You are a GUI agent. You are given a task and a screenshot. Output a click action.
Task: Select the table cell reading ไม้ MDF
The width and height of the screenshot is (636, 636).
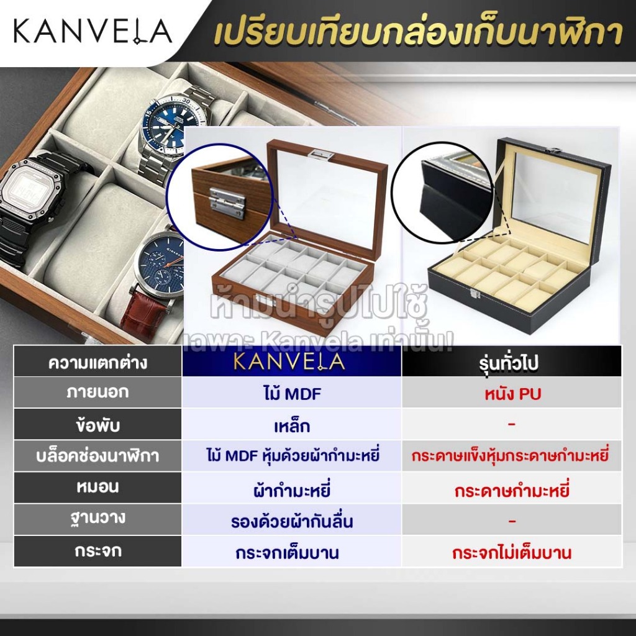click(x=291, y=393)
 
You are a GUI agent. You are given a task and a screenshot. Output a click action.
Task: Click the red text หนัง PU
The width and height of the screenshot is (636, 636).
click(x=512, y=393)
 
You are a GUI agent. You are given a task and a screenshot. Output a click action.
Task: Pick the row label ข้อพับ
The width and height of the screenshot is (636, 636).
click(x=98, y=425)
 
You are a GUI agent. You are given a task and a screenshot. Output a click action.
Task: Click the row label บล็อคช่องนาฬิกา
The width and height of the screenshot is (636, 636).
click(x=98, y=457)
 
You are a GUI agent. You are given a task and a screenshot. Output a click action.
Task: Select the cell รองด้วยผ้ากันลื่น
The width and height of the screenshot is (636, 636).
click(x=291, y=521)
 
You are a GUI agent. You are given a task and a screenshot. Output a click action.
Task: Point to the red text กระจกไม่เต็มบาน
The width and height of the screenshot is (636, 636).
click(x=512, y=552)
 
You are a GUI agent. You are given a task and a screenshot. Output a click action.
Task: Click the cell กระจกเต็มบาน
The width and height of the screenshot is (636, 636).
click(x=291, y=552)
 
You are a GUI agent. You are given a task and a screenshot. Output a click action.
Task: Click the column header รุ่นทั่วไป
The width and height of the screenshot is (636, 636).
click(x=512, y=361)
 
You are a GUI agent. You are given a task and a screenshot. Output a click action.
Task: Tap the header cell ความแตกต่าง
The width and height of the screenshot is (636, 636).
click(x=98, y=362)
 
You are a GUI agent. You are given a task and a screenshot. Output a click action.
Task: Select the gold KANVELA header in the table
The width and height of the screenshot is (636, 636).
click(x=291, y=361)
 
